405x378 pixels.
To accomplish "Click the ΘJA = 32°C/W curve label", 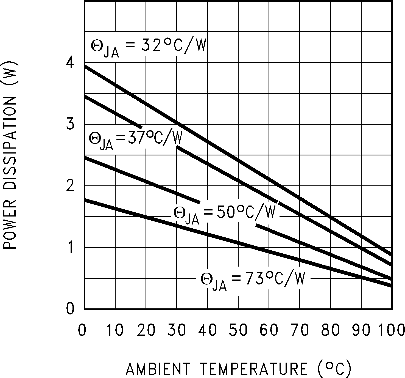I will (x=148, y=48).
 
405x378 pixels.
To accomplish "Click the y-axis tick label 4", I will (x=70, y=63).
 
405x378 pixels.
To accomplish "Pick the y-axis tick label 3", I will (x=70, y=124).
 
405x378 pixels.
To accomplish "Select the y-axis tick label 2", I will (x=70, y=186).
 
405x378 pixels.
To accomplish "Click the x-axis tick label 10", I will (x=115, y=330).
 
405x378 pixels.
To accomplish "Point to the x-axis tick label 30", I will (x=176, y=330).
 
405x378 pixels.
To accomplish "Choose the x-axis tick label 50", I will (x=238, y=330).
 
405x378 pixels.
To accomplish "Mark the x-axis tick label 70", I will (x=299, y=330).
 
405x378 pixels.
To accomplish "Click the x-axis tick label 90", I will (x=361, y=330).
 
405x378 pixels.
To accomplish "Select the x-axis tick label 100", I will (x=391, y=330).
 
